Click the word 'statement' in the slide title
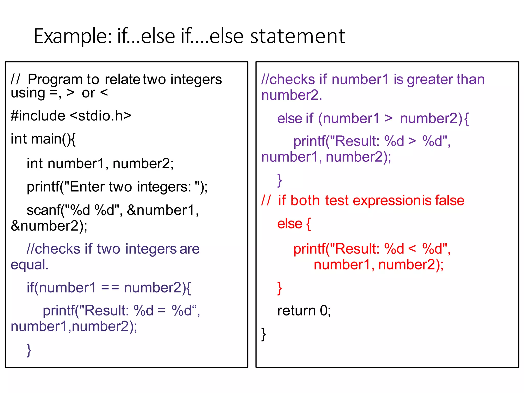tap(298, 36)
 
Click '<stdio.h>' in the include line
tap(101, 116)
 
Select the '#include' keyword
tap(38, 116)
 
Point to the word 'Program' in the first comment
tap(55, 79)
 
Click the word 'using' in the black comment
tap(28, 93)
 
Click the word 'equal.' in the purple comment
tap(29, 265)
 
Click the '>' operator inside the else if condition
tap(389, 118)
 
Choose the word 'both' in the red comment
tap(305, 201)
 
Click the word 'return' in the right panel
tap(296, 311)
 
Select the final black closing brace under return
tap(264, 334)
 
